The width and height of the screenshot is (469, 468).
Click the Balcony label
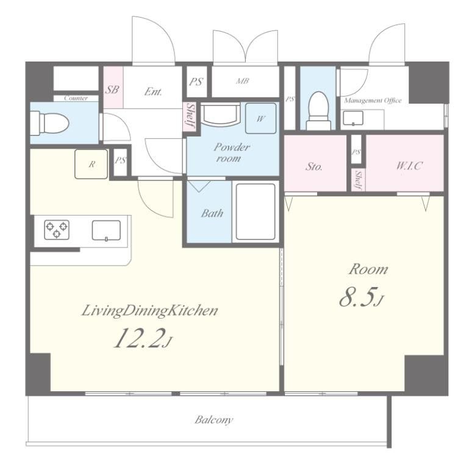point(213,420)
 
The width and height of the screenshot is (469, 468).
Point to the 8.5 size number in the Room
point(361,297)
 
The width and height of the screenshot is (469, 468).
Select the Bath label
point(212,213)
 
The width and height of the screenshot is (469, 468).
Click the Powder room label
point(232,152)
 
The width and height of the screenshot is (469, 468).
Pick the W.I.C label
point(409,166)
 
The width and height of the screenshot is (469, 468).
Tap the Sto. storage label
point(313,166)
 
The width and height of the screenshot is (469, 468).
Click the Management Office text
point(373,101)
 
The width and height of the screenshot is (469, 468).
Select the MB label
point(242,80)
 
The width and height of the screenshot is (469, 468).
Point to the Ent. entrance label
point(153,91)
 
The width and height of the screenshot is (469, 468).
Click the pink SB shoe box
point(113,87)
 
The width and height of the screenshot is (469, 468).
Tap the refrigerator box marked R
point(91,164)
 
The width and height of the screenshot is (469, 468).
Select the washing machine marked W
point(261,118)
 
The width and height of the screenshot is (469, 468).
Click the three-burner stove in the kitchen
point(57,230)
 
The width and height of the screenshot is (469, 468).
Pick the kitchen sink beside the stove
point(106,230)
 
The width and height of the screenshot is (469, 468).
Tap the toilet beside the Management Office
point(319,111)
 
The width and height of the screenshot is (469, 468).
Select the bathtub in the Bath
point(256,211)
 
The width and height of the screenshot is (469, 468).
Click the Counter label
point(76,98)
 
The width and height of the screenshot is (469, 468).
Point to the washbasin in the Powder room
point(221,114)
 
